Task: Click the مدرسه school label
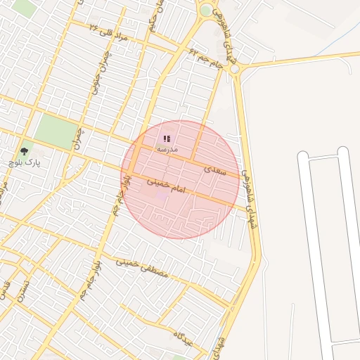167,149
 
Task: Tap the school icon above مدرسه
167,139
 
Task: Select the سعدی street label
215,169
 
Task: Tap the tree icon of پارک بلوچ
25,150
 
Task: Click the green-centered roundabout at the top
205,11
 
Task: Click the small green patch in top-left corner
23,7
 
